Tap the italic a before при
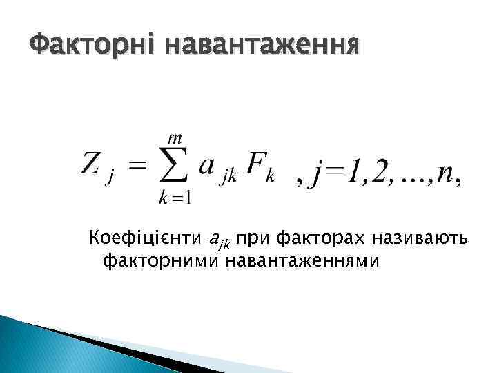point(213,239)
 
